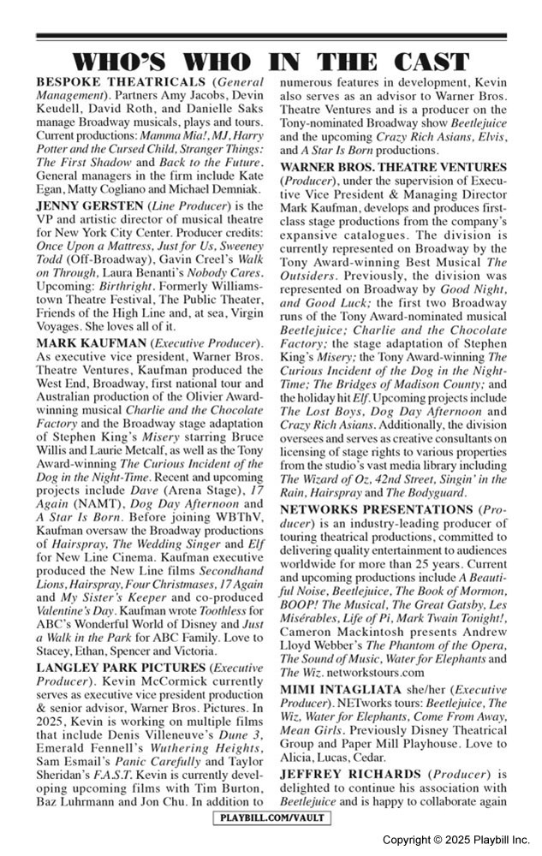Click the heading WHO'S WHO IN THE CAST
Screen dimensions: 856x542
(x=271, y=62)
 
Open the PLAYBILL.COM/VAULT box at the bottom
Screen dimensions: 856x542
(x=271, y=819)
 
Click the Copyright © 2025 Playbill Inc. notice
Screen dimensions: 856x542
(x=456, y=841)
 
